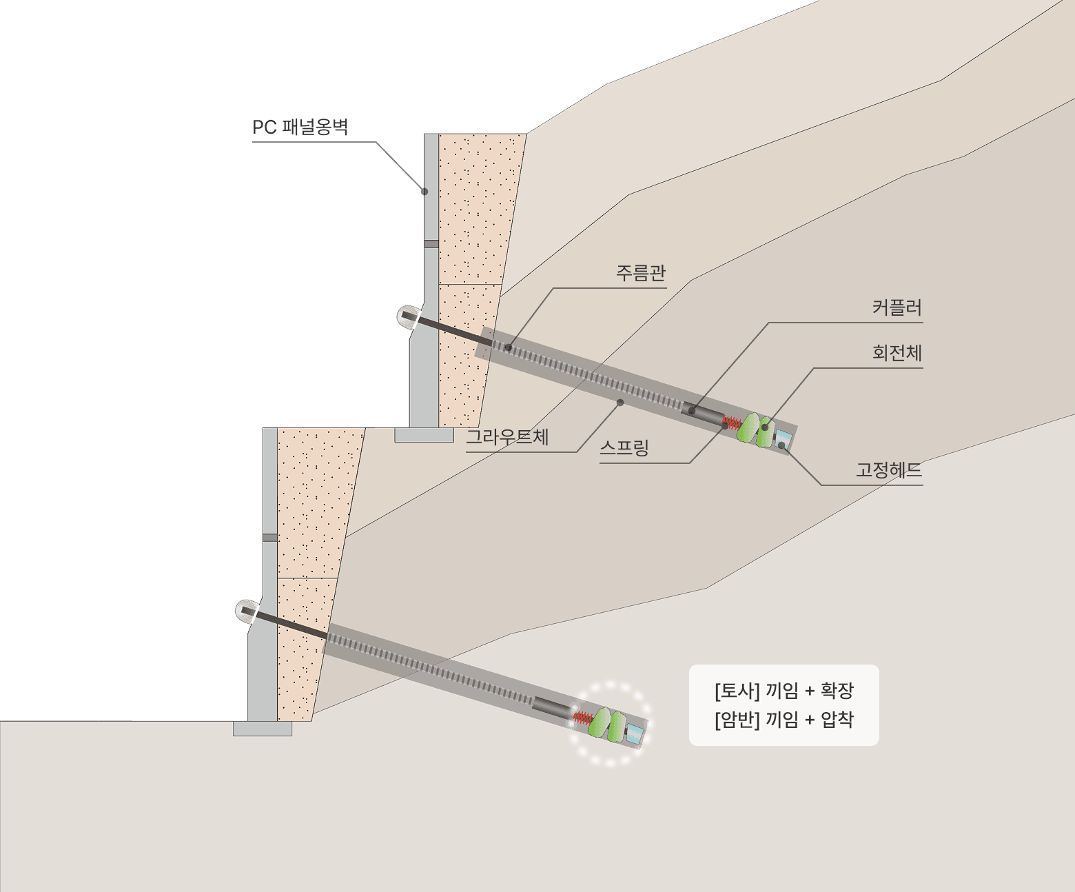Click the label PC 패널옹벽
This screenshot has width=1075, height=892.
(300, 128)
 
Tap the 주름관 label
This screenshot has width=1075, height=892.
(640, 273)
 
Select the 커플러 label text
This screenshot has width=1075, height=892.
(897, 307)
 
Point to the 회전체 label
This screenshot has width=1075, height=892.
(897, 353)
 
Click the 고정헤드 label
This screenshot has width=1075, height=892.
(889, 471)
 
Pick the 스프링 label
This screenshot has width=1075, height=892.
(624, 448)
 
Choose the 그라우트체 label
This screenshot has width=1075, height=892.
(507, 437)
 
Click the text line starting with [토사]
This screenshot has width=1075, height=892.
(784, 690)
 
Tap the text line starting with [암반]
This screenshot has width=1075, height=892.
(784, 720)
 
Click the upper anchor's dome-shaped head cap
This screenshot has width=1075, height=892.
(408, 317)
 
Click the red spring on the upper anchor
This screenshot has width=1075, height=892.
(731, 422)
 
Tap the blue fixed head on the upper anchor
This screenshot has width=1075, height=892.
(783, 438)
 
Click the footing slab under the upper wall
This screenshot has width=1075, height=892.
(424, 435)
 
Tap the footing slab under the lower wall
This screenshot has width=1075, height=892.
(263, 729)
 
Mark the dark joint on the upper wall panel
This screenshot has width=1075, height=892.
(431, 244)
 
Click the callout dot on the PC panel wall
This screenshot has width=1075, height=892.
(424, 192)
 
